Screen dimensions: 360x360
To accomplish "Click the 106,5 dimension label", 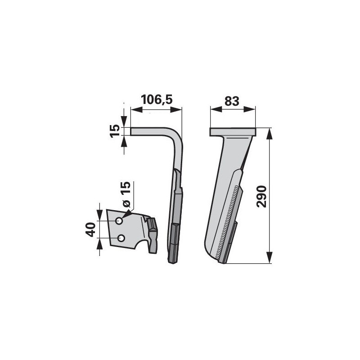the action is (156, 99).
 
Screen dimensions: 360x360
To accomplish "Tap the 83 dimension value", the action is (232, 101).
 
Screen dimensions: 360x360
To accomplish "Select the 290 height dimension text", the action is (262, 197).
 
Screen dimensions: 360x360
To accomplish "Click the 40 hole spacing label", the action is (90, 229).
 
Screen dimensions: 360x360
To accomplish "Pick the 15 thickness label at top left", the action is (115, 131).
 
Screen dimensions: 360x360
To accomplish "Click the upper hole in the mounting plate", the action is (119, 221).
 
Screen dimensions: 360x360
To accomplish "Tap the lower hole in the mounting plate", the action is (121, 238).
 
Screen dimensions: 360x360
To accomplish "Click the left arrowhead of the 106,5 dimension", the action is (136, 110).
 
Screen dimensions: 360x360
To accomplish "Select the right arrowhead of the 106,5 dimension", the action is (176, 110).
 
